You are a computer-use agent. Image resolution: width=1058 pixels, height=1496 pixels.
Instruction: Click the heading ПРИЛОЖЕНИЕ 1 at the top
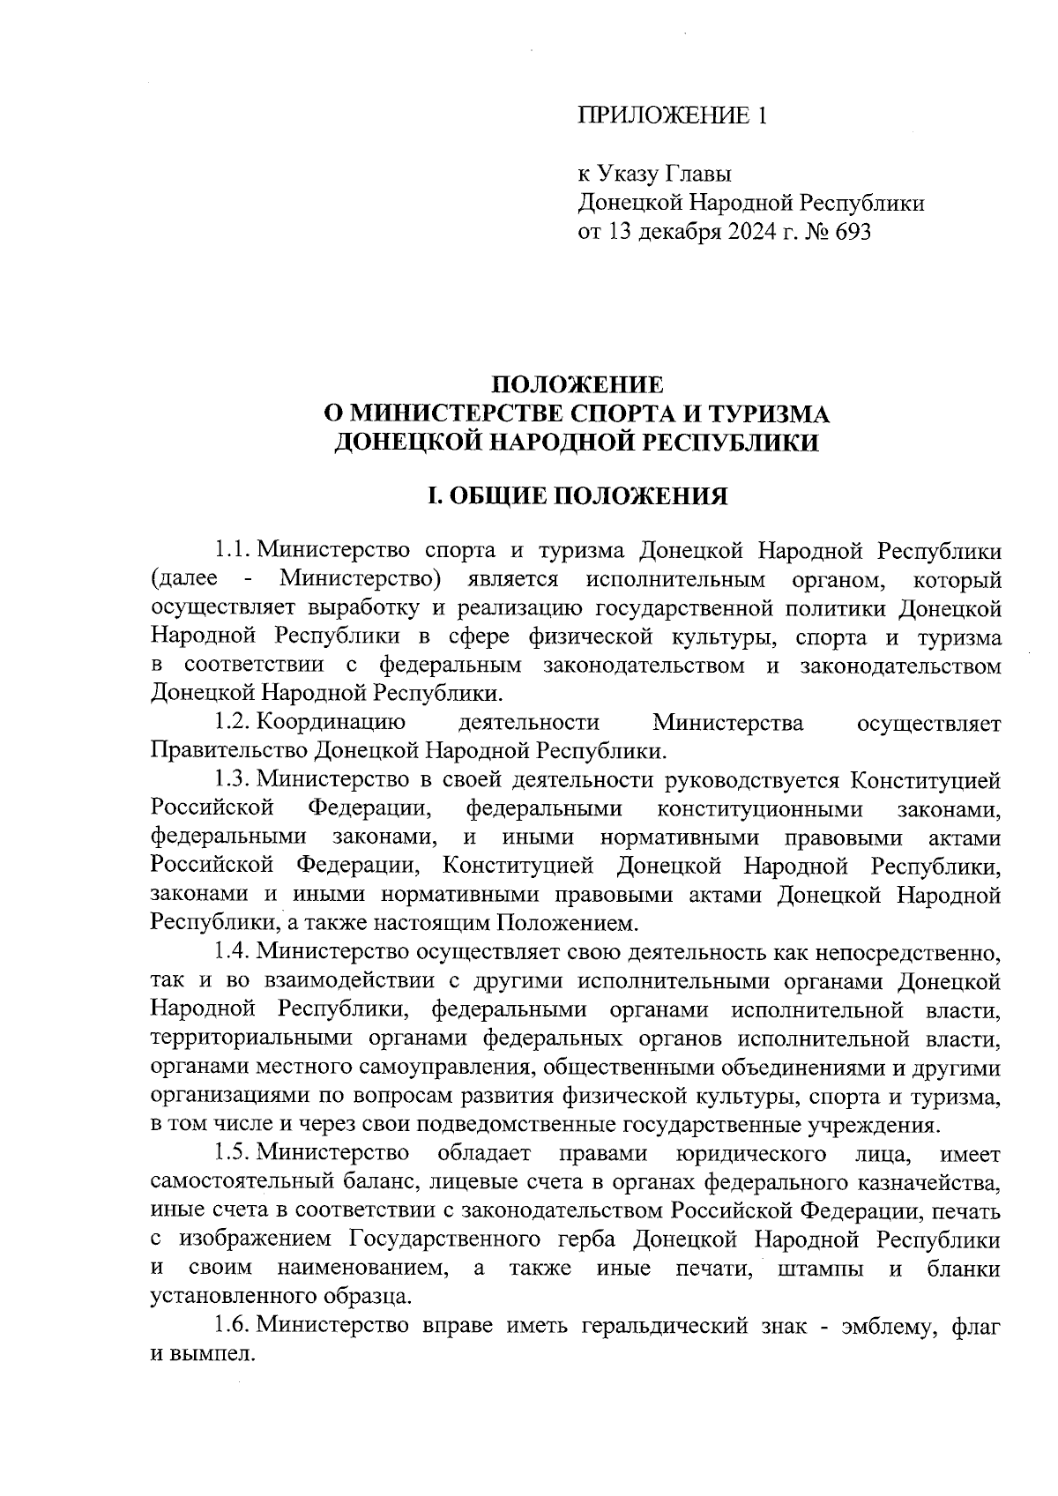coord(673,115)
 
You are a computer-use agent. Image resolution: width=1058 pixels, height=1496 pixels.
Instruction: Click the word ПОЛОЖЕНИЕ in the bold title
coord(577,385)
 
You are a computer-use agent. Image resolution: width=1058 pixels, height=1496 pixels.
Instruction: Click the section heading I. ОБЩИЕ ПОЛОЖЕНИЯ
coord(577,496)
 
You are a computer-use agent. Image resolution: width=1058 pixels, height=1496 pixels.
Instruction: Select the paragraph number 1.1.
coord(233,551)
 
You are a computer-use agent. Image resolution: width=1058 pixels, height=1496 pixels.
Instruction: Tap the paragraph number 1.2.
coord(233,723)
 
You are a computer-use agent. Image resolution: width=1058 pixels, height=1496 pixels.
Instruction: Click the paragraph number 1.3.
coord(233,780)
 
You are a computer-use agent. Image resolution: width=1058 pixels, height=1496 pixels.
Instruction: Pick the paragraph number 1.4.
coord(233,952)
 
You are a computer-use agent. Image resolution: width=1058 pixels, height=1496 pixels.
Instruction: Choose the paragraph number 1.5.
coord(233,1153)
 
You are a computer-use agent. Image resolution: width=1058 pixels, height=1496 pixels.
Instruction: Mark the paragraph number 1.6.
coord(233,1325)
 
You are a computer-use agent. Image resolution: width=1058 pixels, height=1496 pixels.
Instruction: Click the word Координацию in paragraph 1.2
coord(332,723)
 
